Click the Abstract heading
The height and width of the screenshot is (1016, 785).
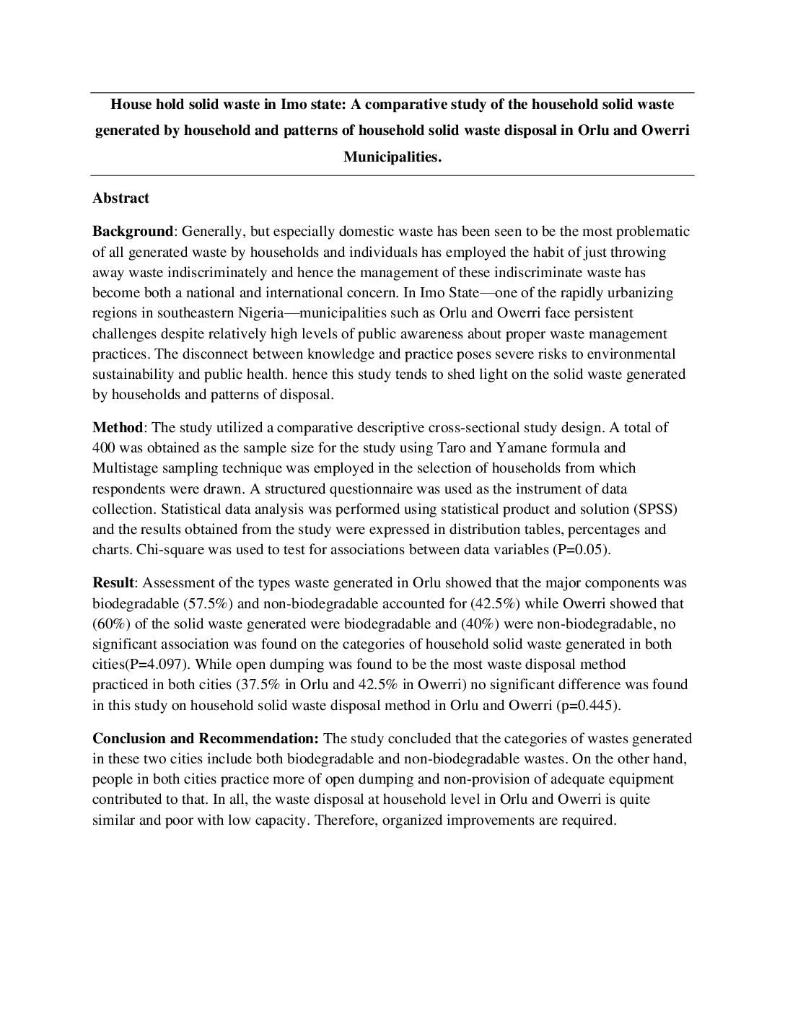click(120, 198)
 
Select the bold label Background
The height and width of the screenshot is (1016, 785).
click(133, 232)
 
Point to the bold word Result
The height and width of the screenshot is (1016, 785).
click(113, 582)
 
